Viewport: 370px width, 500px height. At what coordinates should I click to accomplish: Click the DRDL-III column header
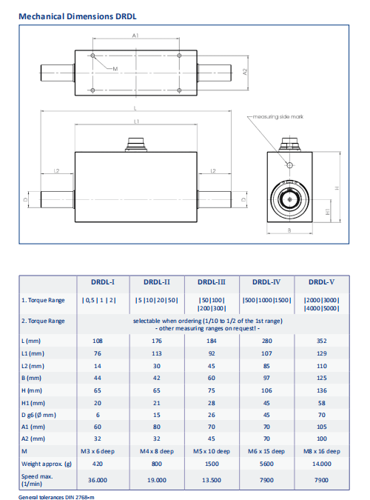pos(212,282)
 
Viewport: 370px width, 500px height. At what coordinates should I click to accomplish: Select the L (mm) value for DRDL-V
pos(322,341)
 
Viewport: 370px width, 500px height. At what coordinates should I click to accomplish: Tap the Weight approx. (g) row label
pos(47,464)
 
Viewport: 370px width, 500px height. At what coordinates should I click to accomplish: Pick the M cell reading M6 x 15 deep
pos(266,452)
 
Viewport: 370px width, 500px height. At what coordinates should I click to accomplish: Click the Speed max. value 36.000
pos(98,480)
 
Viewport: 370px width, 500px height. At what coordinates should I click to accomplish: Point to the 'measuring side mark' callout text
pos(278,117)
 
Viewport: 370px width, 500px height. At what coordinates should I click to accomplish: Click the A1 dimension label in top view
pos(135,36)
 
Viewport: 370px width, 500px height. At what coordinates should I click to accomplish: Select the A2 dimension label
pos(245,72)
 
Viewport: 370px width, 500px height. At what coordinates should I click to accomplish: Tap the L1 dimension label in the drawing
pos(136,121)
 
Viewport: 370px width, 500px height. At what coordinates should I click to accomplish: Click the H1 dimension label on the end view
pos(328,211)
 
